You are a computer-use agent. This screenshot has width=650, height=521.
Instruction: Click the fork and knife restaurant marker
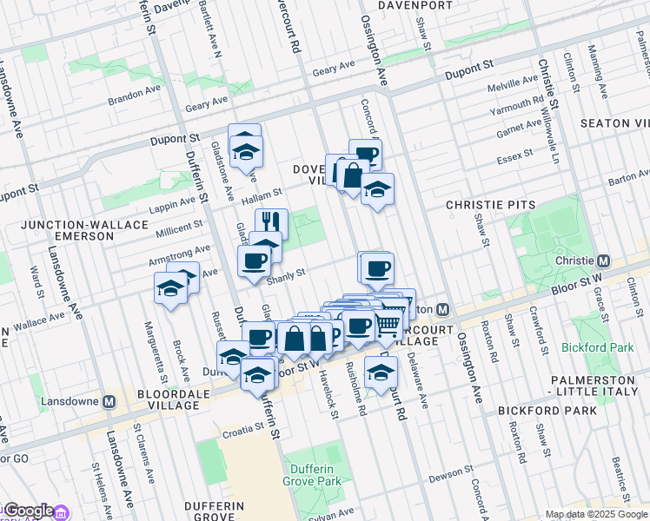point(271,222)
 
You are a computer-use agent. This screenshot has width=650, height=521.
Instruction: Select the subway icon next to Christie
point(602,260)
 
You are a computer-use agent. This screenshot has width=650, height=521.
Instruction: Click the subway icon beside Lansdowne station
point(109,402)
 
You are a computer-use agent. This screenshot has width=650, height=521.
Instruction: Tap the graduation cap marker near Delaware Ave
point(380,372)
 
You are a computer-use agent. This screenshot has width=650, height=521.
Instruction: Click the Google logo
point(28,511)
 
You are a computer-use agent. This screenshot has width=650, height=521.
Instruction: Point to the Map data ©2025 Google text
point(596,514)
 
